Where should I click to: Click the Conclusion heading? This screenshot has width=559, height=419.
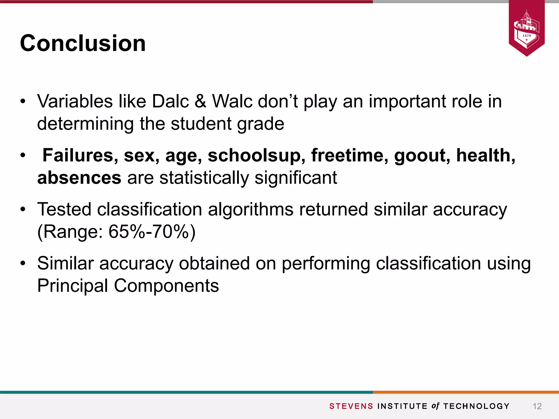click(83, 43)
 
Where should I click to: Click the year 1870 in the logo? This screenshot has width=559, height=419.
click(527, 36)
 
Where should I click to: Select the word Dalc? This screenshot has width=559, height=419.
click(170, 101)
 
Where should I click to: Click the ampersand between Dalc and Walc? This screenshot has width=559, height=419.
click(201, 101)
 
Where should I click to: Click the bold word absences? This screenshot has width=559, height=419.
click(79, 178)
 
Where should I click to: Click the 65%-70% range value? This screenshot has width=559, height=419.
click(152, 232)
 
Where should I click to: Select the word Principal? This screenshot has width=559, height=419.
click(73, 286)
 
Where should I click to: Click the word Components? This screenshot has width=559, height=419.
click(166, 286)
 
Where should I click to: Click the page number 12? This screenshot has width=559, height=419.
click(537, 406)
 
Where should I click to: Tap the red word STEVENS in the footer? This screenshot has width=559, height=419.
click(351, 406)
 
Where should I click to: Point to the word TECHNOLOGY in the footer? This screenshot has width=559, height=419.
click(476, 406)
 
